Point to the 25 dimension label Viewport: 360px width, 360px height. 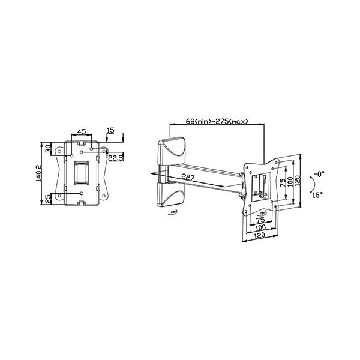(x=49, y=198)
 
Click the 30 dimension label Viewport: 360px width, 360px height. (x=49, y=148)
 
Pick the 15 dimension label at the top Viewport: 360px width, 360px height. (x=110, y=130)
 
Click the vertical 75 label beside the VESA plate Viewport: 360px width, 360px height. (x=282, y=183)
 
